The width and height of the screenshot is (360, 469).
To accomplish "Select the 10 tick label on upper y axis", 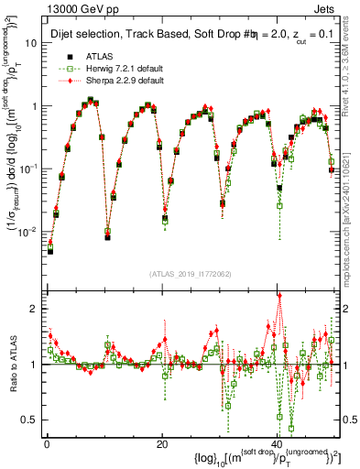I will point(31,43).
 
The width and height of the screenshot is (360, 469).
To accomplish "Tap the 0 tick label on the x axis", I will point(46,444).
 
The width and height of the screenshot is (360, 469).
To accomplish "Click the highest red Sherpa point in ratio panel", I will point(279,295).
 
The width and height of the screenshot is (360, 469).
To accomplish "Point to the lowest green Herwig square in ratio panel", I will point(291,428).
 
